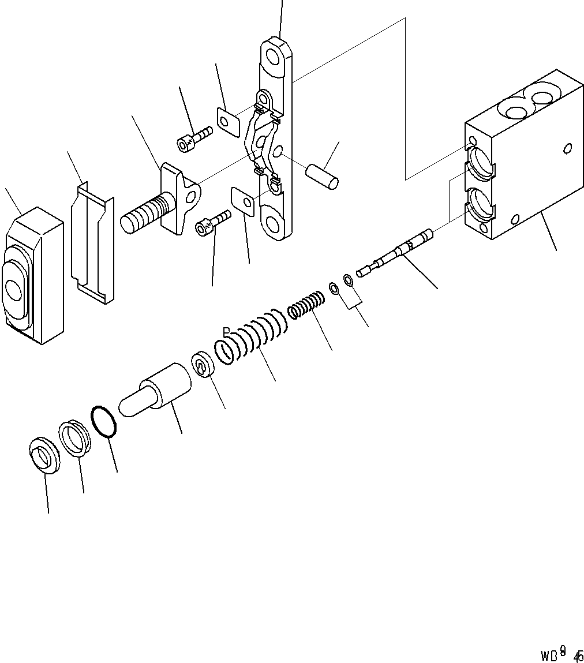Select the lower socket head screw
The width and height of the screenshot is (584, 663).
(x=212, y=223)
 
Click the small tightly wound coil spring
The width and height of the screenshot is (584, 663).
(x=305, y=305)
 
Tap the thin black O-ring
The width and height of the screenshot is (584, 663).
(x=104, y=422)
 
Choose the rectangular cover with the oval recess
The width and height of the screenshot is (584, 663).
(x=33, y=277)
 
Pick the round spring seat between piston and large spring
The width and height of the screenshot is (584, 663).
(x=204, y=365)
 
